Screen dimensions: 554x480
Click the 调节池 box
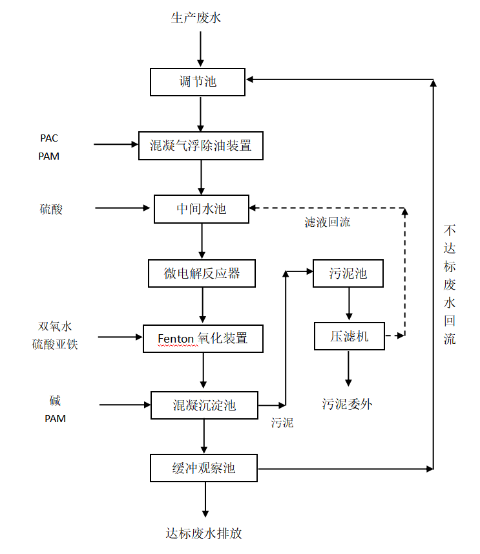click(198, 82)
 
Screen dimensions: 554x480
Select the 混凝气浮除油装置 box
click(202, 145)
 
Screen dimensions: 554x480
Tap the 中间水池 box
click(202, 209)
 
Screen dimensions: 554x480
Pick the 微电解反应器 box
click(202, 273)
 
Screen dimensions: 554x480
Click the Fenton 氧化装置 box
click(203, 338)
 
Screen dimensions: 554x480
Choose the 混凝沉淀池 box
click(204, 405)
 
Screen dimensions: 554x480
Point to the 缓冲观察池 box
click(203, 468)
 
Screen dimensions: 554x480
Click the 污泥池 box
click(348, 273)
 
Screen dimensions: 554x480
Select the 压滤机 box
click(350, 336)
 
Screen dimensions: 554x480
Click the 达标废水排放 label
click(204, 533)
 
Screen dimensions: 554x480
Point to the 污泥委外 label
click(348, 404)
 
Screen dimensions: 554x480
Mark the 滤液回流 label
click(328, 222)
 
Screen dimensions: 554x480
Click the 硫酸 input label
click(52, 209)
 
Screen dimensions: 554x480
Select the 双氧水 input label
click(55, 326)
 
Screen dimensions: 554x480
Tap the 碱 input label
click(55, 401)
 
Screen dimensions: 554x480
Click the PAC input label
click(49, 138)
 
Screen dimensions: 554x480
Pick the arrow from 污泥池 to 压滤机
click(349, 304)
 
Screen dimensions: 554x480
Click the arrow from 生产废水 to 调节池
click(200, 48)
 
